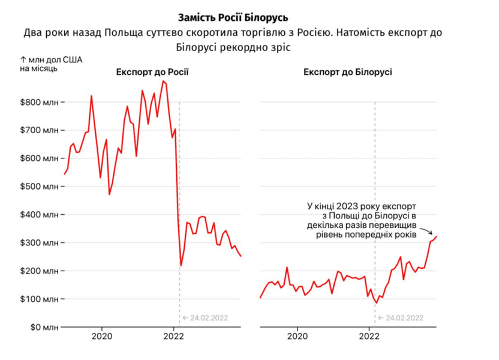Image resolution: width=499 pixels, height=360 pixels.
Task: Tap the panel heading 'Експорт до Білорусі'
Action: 347,73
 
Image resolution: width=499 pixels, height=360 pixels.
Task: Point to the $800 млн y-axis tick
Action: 40,102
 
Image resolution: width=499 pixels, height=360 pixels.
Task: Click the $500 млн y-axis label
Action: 40,187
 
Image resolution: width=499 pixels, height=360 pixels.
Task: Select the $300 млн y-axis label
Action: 40,242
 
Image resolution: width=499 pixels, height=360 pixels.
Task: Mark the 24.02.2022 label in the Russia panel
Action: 205,318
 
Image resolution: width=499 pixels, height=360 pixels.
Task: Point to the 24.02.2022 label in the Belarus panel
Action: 401,318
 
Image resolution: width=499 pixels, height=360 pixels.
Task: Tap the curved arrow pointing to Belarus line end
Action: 427,231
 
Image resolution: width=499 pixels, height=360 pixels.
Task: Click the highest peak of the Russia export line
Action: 164,81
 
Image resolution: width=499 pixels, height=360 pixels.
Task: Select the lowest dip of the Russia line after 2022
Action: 181,265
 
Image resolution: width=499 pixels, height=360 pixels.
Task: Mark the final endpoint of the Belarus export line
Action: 437,236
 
